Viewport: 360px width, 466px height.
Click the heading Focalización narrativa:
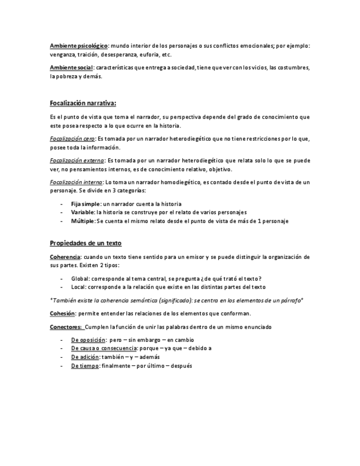click(82, 103)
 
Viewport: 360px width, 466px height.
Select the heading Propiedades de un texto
click(85, 243)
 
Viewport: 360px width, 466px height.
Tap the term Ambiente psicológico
click(79, 46)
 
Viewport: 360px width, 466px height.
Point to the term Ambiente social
click(71, 68)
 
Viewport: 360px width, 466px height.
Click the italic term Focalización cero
click(72, 139)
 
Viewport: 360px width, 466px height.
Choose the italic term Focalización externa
click(76, 160)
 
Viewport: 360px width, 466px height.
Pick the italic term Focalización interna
click(75, 182)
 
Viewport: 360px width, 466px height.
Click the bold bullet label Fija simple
click(86, 204)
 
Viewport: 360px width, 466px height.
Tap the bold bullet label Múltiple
click(83, 221)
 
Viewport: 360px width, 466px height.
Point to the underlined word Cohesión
click(62, 313)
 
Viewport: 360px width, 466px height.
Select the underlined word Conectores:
click(67, 327)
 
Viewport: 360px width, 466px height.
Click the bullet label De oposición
click(88, 340)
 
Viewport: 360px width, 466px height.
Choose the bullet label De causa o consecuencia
click(104, 348)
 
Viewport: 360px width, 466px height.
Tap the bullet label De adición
click(85, 357)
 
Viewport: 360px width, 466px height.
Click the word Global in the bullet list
click(80, 279)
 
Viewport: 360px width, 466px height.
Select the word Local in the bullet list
click(79, 287)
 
